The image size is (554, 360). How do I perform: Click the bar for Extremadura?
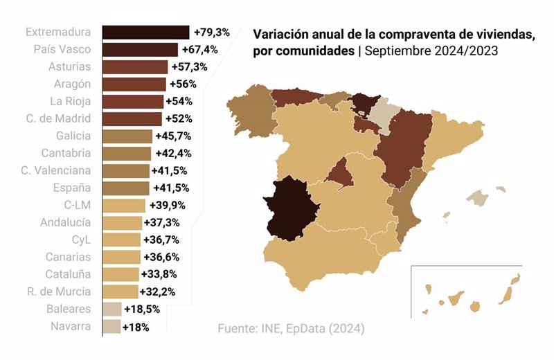(145, 33)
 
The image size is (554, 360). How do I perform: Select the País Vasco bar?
(140, 50)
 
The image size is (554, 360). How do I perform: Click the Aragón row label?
(73, 84)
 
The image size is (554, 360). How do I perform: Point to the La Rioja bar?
(132, 101)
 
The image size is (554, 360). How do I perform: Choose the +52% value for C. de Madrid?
(179, 118)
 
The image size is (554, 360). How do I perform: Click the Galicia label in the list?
(73, 136)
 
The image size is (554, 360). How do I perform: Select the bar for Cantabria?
(126, 153)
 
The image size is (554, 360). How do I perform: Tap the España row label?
(73, 188)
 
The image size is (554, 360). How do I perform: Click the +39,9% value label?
(165, 205)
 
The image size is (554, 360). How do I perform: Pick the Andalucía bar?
(122, 222)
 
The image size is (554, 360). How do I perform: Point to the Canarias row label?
(69, 257)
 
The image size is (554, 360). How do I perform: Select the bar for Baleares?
(111, 309)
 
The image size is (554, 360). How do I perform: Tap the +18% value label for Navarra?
(136, 326)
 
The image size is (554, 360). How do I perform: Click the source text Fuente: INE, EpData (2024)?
(291, 327)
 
